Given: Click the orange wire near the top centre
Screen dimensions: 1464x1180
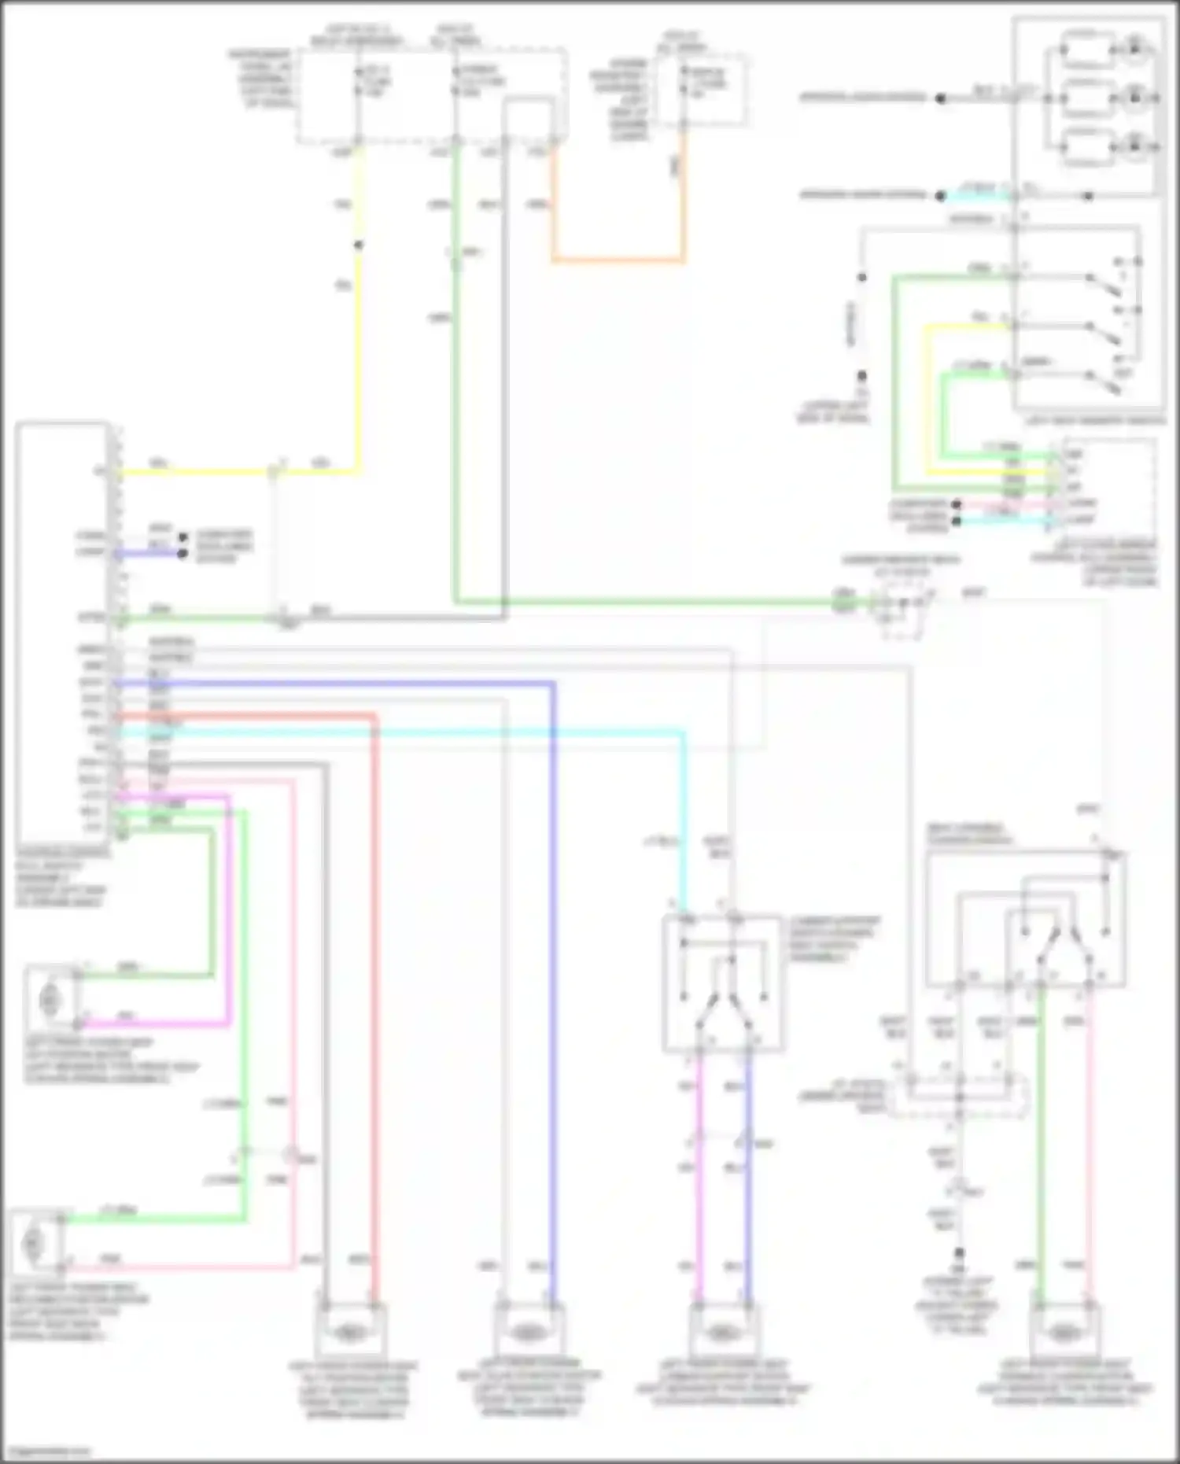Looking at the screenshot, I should tap(618, 259).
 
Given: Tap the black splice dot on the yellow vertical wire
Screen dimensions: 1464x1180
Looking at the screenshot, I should tap(358, 245).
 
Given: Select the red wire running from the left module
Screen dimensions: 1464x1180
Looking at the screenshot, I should tap(374, 944).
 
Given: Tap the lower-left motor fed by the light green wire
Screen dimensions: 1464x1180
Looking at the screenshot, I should tap(33, 1242).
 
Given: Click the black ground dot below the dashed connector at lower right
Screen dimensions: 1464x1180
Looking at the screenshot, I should tap(959, 1252).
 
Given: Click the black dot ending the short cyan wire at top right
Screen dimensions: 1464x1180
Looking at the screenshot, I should tap(941, 196).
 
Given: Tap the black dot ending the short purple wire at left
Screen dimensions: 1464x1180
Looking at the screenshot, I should tap(183, 554).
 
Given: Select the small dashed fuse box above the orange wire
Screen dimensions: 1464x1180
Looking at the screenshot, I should tap(702, 88).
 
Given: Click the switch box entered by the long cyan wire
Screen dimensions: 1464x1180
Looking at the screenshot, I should tap(722, 983).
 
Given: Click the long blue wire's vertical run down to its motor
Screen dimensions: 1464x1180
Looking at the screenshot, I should tap(553, 983).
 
